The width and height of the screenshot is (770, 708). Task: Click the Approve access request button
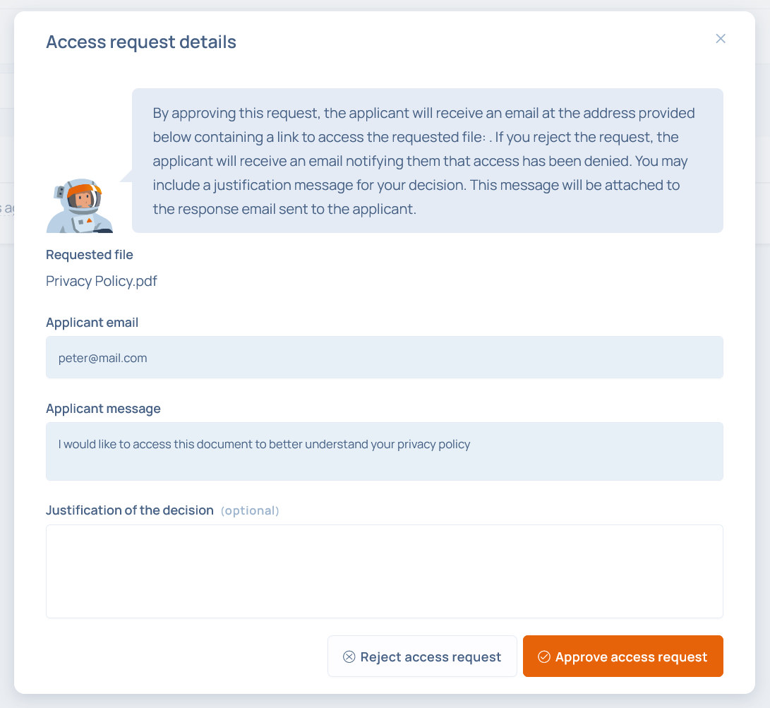click(622, 656)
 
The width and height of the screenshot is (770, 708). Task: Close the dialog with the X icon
click(721, 39)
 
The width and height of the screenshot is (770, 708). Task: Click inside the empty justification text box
click(384, 571)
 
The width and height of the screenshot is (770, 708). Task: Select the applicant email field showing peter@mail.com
click(384, 357)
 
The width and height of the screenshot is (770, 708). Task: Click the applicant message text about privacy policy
click(264, 444)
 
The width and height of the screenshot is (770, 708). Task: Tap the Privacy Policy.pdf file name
click(102, 281)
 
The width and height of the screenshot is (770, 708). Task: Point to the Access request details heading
click(141, 42)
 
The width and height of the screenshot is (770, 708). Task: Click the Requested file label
click(90, 255)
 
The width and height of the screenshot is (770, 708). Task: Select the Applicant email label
click(92, 323)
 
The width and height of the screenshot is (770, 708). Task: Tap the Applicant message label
click(103, 409)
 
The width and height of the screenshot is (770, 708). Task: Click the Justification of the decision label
click(130, 510)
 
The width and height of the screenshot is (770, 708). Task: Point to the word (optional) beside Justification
click(250, 510)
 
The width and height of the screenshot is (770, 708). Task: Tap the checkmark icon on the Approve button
click(543, 657)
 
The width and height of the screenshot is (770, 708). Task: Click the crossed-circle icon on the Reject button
click(349, 657)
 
